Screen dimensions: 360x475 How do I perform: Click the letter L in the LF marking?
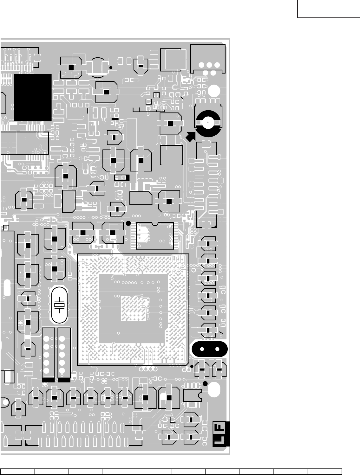(x=221, y=440)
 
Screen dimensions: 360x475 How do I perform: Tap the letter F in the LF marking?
(x=221, y=428)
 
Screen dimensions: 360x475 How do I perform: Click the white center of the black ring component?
(x=208, y=122)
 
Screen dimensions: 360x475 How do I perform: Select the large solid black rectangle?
(x=33, y=97)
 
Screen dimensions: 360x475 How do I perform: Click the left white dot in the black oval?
(x=201, y=349)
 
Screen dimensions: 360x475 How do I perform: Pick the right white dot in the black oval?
(x=218, y=349)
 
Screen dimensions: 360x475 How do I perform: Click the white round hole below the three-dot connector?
(x=214, y=91)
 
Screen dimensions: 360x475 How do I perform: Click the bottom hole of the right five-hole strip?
(x=62, y=371)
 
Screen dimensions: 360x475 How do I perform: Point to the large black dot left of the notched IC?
(x=128, y=223)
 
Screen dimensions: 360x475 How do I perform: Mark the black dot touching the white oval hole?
(x=205, y=384)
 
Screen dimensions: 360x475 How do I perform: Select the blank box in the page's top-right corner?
(x=329, y=9)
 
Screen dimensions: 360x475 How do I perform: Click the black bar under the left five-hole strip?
(x=48, y=380)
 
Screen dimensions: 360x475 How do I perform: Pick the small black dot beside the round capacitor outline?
(x=111, y=67)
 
